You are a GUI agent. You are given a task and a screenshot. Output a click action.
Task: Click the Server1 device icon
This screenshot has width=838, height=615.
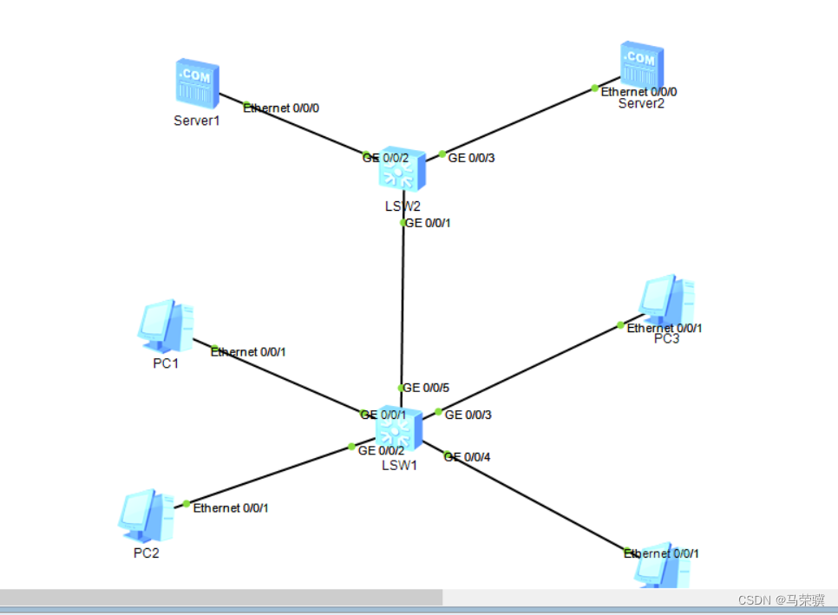pos(197,82)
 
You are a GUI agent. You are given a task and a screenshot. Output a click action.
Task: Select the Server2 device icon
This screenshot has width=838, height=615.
pos(642,64)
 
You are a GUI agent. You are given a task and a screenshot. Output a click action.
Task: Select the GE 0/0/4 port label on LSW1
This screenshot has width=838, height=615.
pos(468,457)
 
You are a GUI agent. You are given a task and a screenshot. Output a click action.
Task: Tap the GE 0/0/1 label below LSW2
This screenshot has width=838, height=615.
pos(428,223)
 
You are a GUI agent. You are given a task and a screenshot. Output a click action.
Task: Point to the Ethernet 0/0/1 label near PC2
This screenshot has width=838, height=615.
pos(230,507)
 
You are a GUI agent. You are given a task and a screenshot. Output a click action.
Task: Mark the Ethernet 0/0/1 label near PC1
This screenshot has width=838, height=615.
pos(248,352)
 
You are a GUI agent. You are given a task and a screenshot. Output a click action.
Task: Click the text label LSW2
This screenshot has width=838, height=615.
pos(402,206)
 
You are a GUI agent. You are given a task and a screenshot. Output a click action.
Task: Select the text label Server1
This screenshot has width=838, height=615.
pos(197,121)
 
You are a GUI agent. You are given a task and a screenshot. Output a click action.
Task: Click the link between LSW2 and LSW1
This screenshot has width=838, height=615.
pos(403,304)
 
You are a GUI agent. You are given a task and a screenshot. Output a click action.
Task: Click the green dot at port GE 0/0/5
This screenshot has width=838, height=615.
pos(401,388)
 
